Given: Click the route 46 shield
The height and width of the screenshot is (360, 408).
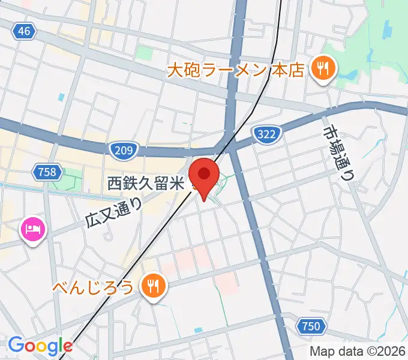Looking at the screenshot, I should click(23, 32).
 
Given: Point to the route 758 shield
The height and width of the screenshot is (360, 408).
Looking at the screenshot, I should click(47, 173).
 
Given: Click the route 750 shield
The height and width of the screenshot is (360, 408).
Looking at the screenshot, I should click(310, 326).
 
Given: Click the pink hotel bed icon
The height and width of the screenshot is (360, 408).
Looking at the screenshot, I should click(32, 229).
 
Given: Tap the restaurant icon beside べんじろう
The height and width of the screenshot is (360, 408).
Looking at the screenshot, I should click(154, 286).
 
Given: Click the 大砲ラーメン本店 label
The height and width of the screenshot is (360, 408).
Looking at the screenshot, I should click(235, 71).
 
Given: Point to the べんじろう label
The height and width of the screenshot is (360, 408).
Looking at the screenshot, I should click(100, 287).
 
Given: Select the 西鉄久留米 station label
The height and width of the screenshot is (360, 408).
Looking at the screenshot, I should click(145, 184).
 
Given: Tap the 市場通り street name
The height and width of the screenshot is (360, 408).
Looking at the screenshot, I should click(339, 153).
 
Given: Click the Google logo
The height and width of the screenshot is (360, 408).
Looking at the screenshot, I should click(40, 346).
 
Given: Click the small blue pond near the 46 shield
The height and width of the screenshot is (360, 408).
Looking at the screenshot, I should click(60, 97).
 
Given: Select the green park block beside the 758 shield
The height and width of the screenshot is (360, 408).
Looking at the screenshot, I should click(71, 179).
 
